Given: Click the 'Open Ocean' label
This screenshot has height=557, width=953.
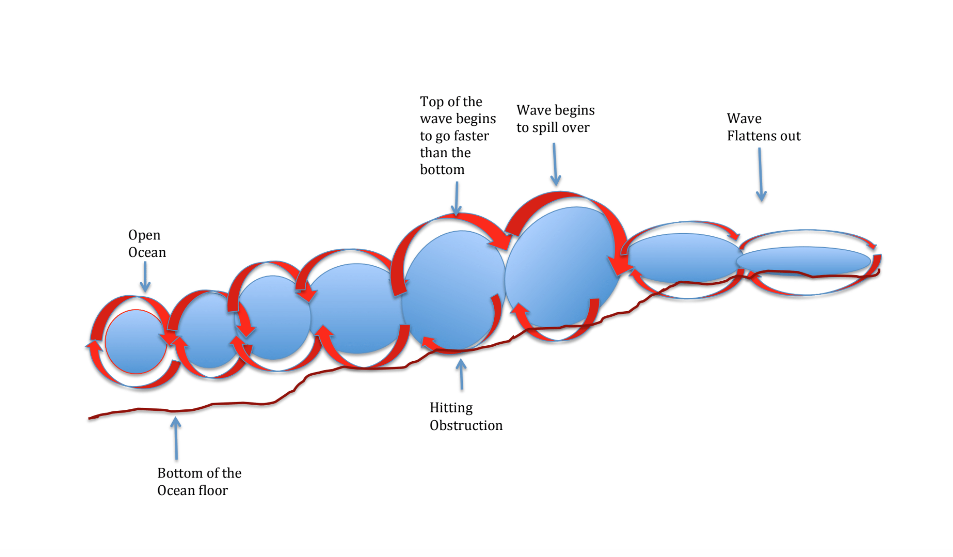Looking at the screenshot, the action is click(147, 244).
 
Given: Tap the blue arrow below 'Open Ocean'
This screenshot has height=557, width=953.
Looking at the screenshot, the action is click(145, 277).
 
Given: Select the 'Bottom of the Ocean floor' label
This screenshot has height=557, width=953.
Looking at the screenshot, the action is click(199, 482).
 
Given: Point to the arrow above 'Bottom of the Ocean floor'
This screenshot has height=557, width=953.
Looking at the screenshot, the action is click(176, 438).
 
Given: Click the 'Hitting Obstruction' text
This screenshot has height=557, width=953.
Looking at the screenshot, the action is click(466, 416).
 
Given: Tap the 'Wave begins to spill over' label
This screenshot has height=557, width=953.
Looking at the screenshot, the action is click(555, 119).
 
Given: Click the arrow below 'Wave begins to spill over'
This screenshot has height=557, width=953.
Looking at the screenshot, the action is click(555, 164).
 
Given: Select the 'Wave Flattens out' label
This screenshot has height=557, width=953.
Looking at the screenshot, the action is click(764, 127).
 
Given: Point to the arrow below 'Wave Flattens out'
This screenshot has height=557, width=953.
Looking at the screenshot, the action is click(760, 174).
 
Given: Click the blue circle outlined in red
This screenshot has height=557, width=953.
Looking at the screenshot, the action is click(136, 342).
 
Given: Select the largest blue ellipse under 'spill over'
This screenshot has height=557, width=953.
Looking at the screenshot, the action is click(562, 267).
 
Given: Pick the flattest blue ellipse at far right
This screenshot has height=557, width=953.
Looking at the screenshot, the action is click(803, 261).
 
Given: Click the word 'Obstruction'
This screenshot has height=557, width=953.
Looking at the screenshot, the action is click(466, 425).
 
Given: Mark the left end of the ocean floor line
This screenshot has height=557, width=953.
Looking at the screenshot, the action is click(89, 418).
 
